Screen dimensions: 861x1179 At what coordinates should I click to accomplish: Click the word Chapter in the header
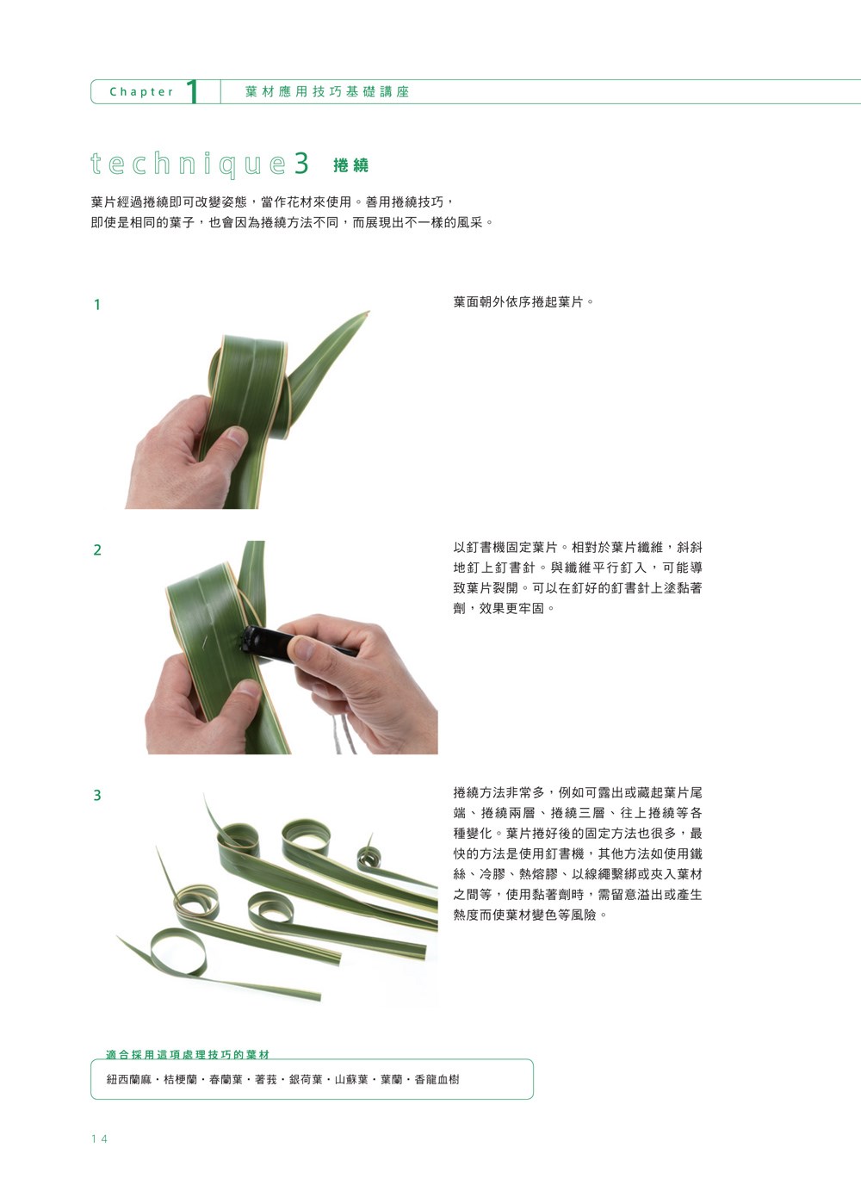coord(141,91)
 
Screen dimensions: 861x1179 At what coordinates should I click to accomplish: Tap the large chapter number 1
coord(193,91)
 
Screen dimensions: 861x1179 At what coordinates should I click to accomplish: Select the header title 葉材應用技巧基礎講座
coord(327,91)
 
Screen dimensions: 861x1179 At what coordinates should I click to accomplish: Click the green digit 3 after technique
coord(301,163)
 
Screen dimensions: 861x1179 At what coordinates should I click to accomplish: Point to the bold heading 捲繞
coord(351,165)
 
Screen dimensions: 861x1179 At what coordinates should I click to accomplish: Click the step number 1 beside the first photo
coord(96,305)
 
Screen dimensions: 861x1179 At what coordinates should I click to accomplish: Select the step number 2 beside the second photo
coord(97,550)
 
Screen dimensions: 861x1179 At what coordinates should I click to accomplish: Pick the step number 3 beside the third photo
coord(97,795)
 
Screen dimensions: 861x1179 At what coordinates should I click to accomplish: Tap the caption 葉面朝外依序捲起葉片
coord(523,302)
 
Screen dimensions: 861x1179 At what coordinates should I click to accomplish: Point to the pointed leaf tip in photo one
coord(366,313)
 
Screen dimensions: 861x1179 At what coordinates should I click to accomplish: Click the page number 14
coord(100,1139)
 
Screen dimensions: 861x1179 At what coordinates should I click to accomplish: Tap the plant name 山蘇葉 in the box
coord(351,1079)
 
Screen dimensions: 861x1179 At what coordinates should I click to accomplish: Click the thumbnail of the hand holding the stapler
coord(303,648)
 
